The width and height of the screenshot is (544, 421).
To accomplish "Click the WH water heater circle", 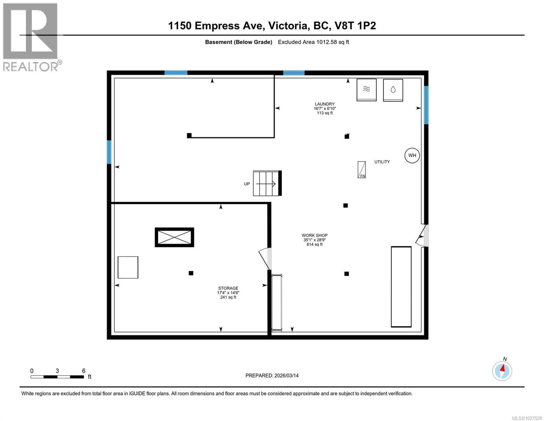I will click(x=412, y=155).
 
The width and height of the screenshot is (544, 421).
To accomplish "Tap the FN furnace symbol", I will click(x=361, y=170).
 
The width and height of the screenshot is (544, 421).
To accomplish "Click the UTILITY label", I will click(x=382, y=162).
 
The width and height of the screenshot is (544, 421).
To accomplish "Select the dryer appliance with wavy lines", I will click(x=366, y=90).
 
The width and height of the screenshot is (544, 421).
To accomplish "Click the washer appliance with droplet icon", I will click(x=393, y=90).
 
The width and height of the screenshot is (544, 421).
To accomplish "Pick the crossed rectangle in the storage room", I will click(x=174, y=238).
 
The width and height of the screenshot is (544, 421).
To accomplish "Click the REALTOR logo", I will click(x=31, y=37).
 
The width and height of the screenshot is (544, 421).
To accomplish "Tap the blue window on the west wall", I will click(x=109, y=152).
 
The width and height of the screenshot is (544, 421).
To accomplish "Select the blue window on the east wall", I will click(x=426, y=105).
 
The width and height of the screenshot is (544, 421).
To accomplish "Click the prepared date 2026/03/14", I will click(x=272, y=375).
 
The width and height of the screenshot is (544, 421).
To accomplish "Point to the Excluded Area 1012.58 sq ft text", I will click(x=313, y=42).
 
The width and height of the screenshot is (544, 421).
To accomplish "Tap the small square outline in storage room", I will click(x=128, y=267).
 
